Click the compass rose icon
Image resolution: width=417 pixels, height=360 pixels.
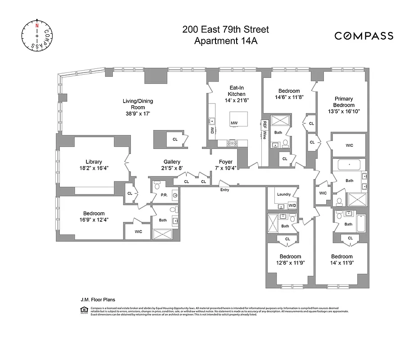click(x=36, y=36)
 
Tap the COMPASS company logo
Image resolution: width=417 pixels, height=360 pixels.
click(x=363, y=36)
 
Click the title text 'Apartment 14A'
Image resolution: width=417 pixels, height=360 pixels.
click(x=225, y=41)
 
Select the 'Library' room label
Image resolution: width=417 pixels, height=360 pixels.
click(x=94, y=162)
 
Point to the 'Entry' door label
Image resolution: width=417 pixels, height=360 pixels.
click(x=224, y=190)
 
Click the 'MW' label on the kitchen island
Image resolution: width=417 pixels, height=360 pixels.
click(x=234, y=123)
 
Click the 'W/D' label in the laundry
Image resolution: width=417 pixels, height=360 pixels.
click(x=292, y=206)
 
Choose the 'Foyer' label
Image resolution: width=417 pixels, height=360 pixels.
click(x=225, y=162)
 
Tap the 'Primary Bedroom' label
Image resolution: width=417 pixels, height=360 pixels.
click(x=344, y=102)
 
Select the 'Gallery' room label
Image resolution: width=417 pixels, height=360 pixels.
click(x=172, y=162)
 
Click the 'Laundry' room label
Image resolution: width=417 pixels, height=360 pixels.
click(x=284, y=194)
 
